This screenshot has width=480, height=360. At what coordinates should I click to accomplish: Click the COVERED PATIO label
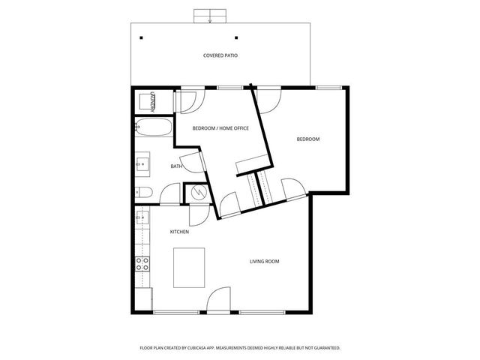click(x=220, y=55)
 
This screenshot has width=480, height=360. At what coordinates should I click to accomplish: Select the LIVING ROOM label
click(x=264, y=261)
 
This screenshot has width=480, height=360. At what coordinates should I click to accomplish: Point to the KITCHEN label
click(x=179, y=232)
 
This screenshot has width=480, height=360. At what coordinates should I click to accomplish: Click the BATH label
click(x=176, y=166)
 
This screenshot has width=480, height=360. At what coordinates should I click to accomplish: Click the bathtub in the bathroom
click(x=153, y=128)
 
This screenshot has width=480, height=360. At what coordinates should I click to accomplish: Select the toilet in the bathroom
click(x=144, y=193)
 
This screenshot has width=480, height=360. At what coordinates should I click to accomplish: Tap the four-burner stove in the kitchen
click(x=142, y=263)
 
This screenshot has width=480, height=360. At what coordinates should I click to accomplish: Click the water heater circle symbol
click(x=199, y=193)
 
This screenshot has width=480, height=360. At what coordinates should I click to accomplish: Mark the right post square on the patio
click(x=236, y=37)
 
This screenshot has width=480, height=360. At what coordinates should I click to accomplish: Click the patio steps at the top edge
click(x=209, y=16)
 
